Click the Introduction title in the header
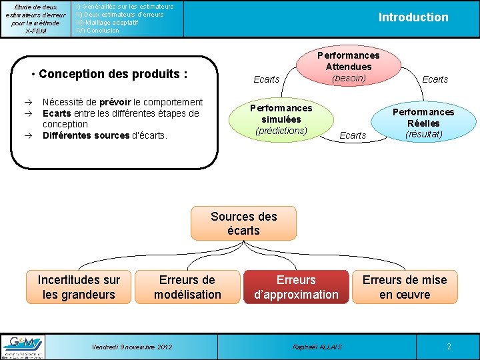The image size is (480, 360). [x=413, y=17]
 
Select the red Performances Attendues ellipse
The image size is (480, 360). [x=348, y=67]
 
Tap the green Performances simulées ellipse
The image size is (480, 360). [x=281, y=119]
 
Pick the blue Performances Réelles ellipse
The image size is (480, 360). [x=423, y=123]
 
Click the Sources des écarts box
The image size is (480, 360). [x=243, y=223]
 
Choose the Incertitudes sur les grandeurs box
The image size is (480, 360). [x=79, y=287]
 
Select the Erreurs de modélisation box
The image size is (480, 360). [x=187, y=287]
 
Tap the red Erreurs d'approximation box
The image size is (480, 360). [x=296, y=287]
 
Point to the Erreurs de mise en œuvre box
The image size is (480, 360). [x=405, y=287]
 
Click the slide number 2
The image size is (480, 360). [x=449, y=347]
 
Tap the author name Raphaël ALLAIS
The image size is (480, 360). [x=317, y=347]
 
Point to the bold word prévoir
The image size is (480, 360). [x=116, y=102]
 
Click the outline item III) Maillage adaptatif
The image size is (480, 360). [x=107, y=22]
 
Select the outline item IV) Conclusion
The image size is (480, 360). [x=98, y=30]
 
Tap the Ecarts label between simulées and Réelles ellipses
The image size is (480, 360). [x=353, y=135]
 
